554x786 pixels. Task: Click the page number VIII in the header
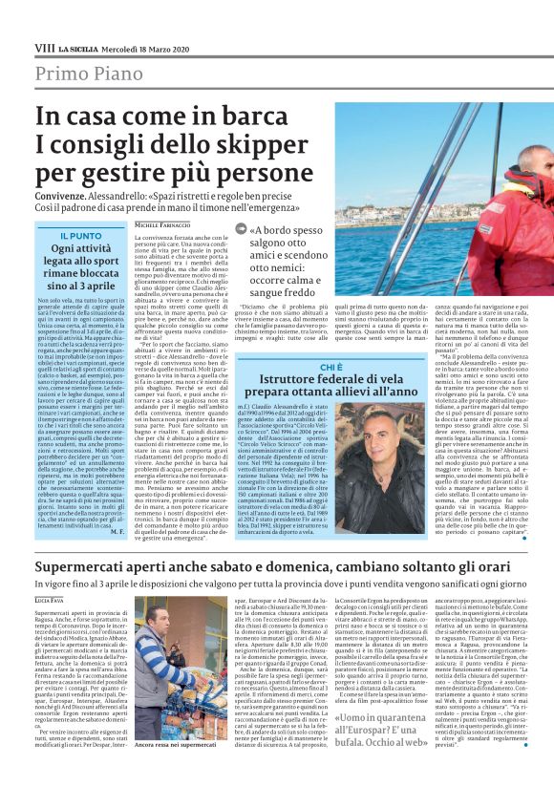(44, 46)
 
